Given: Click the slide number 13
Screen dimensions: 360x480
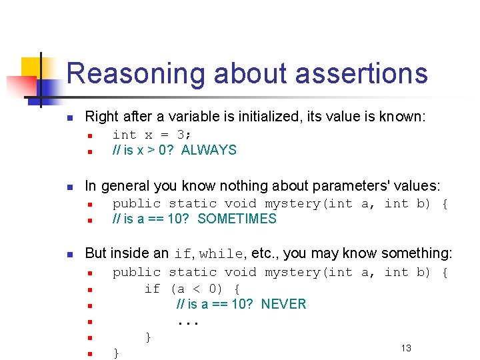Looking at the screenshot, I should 406,348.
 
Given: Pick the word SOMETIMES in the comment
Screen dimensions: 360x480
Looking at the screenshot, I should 237,219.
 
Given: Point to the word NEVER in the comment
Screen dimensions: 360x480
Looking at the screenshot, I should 283,304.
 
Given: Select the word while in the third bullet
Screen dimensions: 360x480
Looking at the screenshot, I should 221,254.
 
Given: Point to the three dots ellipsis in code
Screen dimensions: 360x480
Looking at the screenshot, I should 188,323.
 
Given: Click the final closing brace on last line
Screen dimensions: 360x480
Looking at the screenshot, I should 117,353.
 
